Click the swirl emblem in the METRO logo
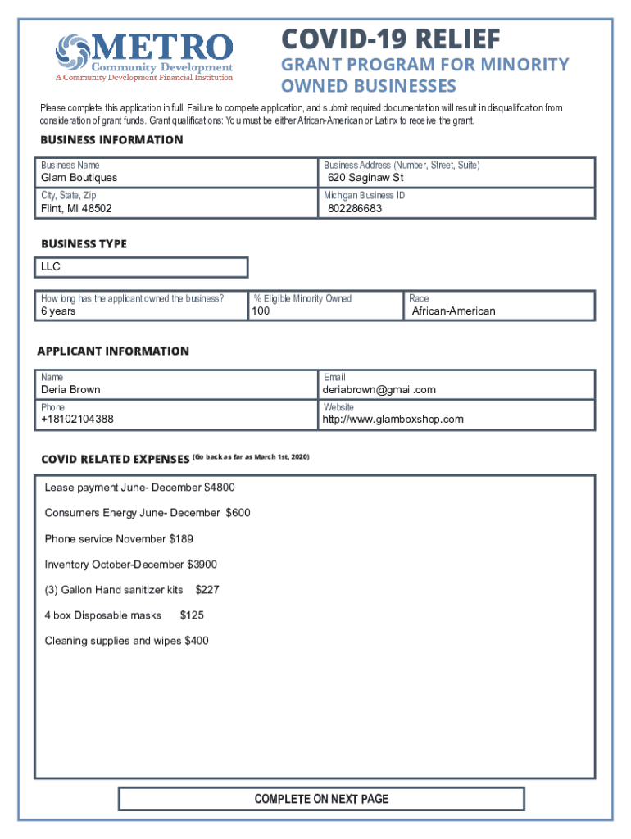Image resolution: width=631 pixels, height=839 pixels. pos(72,52)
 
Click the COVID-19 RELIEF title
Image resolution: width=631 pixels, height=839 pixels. pos(390,39)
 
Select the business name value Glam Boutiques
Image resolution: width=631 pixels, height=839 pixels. pos(79,178)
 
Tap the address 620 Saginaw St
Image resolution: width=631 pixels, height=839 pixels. pos(365,178)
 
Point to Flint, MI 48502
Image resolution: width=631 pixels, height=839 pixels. pos(76,209)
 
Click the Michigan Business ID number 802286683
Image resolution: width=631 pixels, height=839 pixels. pos(355,209)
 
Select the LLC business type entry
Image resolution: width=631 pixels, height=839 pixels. pos(51,267)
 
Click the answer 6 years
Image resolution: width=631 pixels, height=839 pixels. pos(58,311)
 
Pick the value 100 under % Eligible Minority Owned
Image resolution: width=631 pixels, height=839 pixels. pos(261,311)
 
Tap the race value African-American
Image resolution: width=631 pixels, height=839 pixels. pos(453,311)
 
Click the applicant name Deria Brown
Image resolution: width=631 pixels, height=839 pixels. pos(70,390)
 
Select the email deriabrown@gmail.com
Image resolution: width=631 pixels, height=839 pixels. pos(379,390)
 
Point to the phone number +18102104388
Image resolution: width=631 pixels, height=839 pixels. pos(77,419)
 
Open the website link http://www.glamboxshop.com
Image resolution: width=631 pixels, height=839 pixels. pos(393,419)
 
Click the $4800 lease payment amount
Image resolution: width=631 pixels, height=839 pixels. pos(219,488)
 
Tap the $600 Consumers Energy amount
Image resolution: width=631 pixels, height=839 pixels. pos(238,513)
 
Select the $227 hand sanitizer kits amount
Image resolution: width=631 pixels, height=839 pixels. pos(207,590)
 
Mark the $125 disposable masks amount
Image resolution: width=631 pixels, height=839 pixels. pos(192,615)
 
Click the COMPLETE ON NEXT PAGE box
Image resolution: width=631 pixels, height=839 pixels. pos(321,799)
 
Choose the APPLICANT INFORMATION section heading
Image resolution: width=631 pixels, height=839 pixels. pos(113,351)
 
